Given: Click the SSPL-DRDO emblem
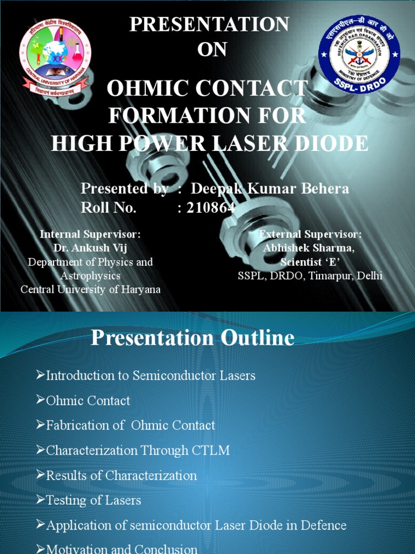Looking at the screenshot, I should (359, 54).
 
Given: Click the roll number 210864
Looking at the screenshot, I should (210, 208).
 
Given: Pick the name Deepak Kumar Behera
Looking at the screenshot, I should (270, 188).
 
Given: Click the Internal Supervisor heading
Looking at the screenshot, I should (90, 234).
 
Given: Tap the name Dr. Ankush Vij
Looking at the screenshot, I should (90, 248).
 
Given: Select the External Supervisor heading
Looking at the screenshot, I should (310, 234).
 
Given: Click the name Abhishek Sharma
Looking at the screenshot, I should (309, 248).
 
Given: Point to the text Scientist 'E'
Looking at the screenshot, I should (310, 262).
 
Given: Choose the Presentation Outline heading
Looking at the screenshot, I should (192, 338).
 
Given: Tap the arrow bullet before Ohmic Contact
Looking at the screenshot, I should (41, 401).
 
